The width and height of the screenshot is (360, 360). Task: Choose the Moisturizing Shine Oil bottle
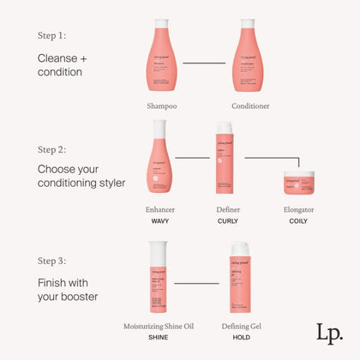(x=159, y=278)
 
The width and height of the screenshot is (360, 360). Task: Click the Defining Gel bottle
(x=241, y=278)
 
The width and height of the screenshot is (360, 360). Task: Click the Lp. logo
(x=330, y=333)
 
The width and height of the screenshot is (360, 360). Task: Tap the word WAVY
(x=159, y=220)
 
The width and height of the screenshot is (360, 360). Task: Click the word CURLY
(x=228, y=220)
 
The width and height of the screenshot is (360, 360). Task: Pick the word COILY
(x=298, y=220)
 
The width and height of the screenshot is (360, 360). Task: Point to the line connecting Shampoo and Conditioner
(x=203, y=63)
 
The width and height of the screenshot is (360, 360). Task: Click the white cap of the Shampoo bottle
(x=161, y=24)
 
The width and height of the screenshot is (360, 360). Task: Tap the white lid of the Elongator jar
(x=298, y=175)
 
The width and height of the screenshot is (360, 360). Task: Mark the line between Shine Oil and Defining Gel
(x=198, y=283)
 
